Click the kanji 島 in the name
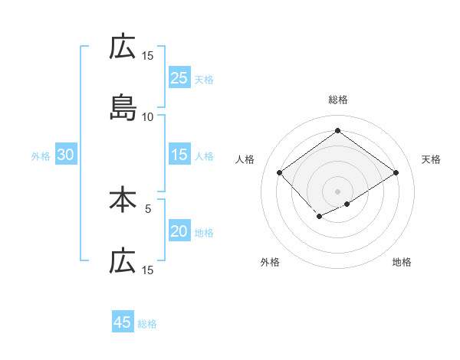coord(123,109)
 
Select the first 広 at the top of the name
coord(123,47)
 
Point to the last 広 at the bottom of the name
coord(123,262)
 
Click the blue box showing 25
coord(179,78)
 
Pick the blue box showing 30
coord(66,155)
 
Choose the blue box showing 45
coord(123,322)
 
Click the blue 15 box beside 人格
coord(179,155)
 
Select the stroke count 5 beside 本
coord(149,207)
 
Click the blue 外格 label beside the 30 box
coord(41,156)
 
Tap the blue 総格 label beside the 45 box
coord(147,324)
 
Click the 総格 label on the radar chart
coord(338,100)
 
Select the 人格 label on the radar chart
coord(245,159)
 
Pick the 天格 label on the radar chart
coord(431,159)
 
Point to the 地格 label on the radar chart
coord(402,262)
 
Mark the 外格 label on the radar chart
coord(270,262)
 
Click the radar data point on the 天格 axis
coord(396,173)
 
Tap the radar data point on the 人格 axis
coord(280,173)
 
